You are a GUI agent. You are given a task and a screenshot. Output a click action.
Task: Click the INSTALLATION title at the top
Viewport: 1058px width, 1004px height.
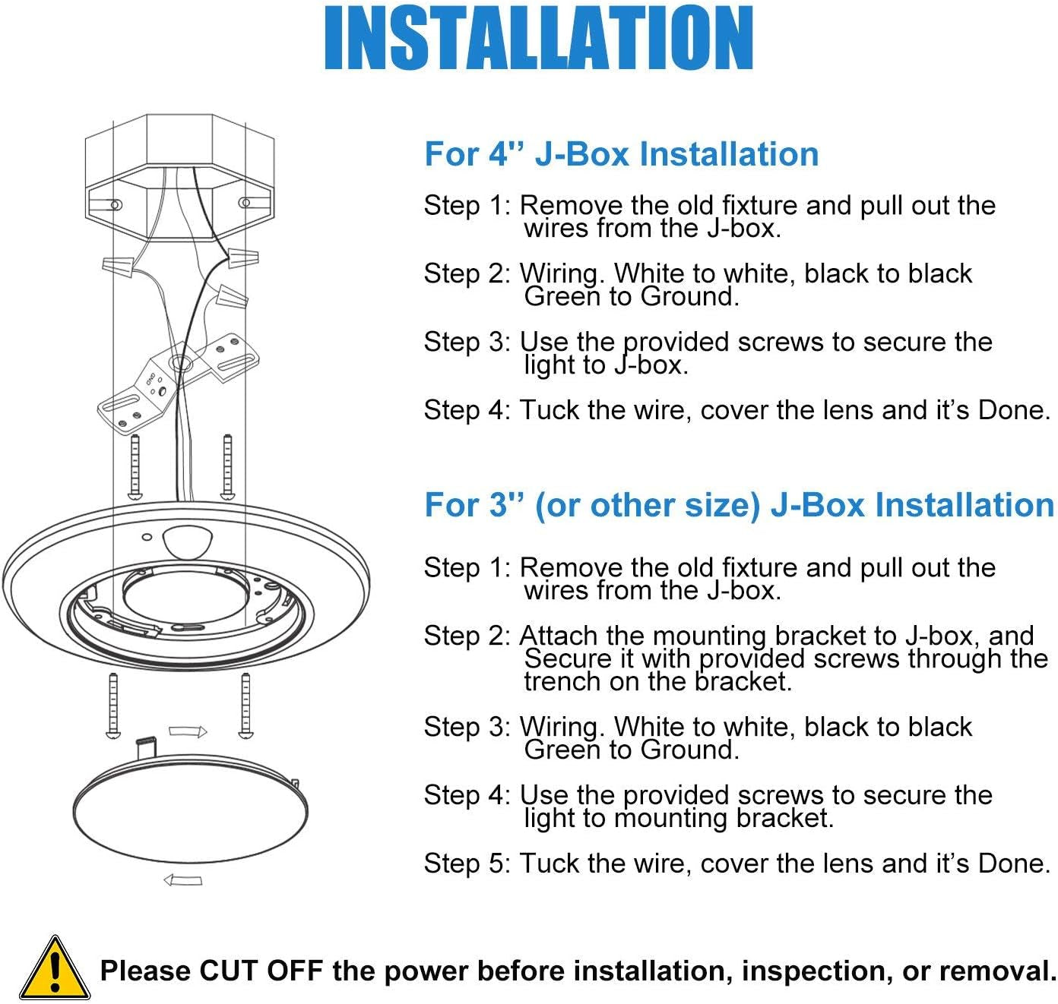point(538,39)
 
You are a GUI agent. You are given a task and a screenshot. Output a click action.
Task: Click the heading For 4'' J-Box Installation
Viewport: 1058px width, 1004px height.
point(621,154)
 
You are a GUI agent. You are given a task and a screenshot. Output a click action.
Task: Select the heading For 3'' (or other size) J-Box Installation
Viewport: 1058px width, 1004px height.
point(739,506)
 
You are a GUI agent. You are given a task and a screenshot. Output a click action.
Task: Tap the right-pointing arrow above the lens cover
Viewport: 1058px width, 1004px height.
point(187,732)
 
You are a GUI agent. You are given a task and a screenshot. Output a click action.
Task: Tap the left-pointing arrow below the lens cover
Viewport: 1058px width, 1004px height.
point(183,880)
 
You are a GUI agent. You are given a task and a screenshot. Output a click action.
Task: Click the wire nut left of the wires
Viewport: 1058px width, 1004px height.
point(119,266)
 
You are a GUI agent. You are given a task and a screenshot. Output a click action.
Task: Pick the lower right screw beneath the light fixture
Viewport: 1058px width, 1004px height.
point(245,705)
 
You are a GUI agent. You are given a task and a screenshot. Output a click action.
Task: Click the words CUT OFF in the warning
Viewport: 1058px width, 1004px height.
point(260,971)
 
